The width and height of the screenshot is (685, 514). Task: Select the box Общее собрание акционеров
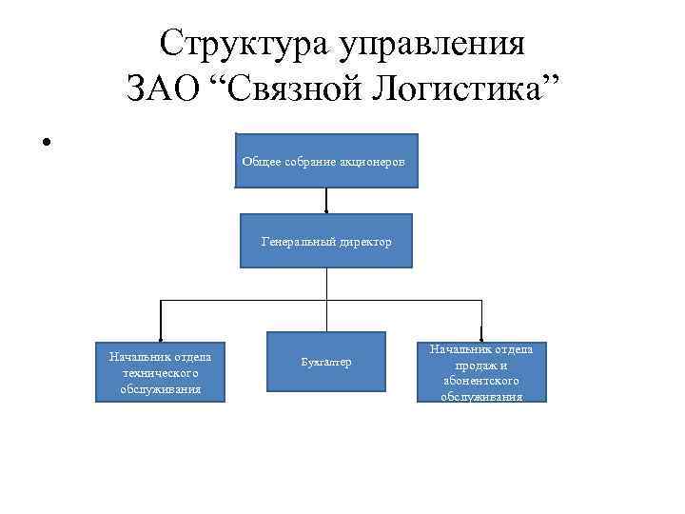326,160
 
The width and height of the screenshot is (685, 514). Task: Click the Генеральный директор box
326,241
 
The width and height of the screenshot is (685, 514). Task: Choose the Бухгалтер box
326,362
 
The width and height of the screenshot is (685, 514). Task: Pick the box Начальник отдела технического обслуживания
160,372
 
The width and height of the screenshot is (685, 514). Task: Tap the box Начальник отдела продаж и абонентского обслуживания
481,371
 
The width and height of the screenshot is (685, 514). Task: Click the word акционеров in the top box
378,161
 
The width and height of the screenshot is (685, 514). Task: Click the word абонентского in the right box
481,380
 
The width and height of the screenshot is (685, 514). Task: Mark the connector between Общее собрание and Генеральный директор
326,201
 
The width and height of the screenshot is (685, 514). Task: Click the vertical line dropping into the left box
160,320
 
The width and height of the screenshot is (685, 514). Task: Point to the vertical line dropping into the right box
481,320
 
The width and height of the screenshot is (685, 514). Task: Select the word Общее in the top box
258,161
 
